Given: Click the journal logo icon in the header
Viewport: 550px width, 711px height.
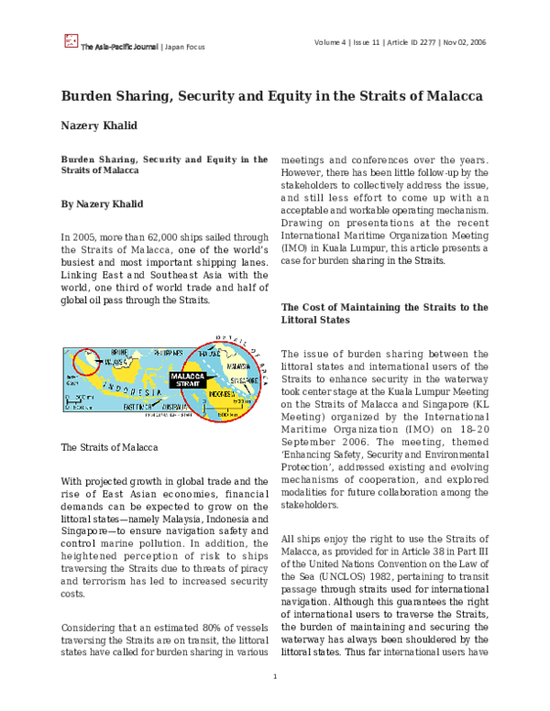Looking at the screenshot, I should [x=70, y=40].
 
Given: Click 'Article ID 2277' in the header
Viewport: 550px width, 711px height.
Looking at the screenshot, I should [x=406, y=41].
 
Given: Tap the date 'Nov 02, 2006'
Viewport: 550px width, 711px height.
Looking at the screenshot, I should [x=466, y=41].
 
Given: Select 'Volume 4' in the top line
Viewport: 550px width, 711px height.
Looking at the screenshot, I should [x=333, y=41].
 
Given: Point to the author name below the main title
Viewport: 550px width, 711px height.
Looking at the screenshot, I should [x=103, y=127].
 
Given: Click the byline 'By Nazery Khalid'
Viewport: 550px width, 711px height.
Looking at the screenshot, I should [x=102, y=203].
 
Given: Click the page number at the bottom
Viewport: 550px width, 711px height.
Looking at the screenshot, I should [x=275, y=677].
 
